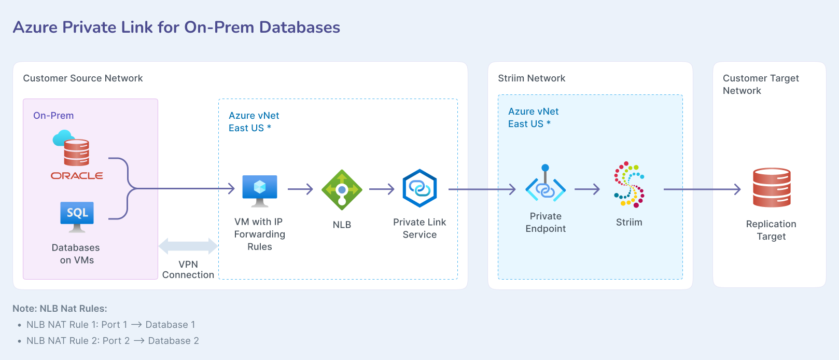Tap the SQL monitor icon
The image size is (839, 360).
tap(77, 216)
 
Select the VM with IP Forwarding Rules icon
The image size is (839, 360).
tap(260, 190)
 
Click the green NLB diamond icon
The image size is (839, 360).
tap(342, 190)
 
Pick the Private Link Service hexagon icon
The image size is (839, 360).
tap(420, 188)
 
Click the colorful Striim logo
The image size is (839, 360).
tap(629, 184)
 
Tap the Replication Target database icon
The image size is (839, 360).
tap(772, 187)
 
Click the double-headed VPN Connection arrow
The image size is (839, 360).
tap(188, 246)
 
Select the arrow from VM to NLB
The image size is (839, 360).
tap(300, 189)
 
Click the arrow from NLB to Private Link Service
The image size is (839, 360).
tap(382, 189)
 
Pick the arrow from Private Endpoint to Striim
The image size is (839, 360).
tap(587, 189)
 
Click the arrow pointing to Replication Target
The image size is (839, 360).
tap(702, 189)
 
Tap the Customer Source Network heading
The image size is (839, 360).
tap(83, 78)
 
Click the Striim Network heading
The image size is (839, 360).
tap(532, 78)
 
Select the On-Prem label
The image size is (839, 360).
tap(53, 116)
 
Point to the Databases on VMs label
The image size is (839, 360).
tap(76, 254)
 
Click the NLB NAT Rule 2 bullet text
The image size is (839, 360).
tap(113, 341)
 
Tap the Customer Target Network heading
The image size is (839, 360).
tap(760, 84)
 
